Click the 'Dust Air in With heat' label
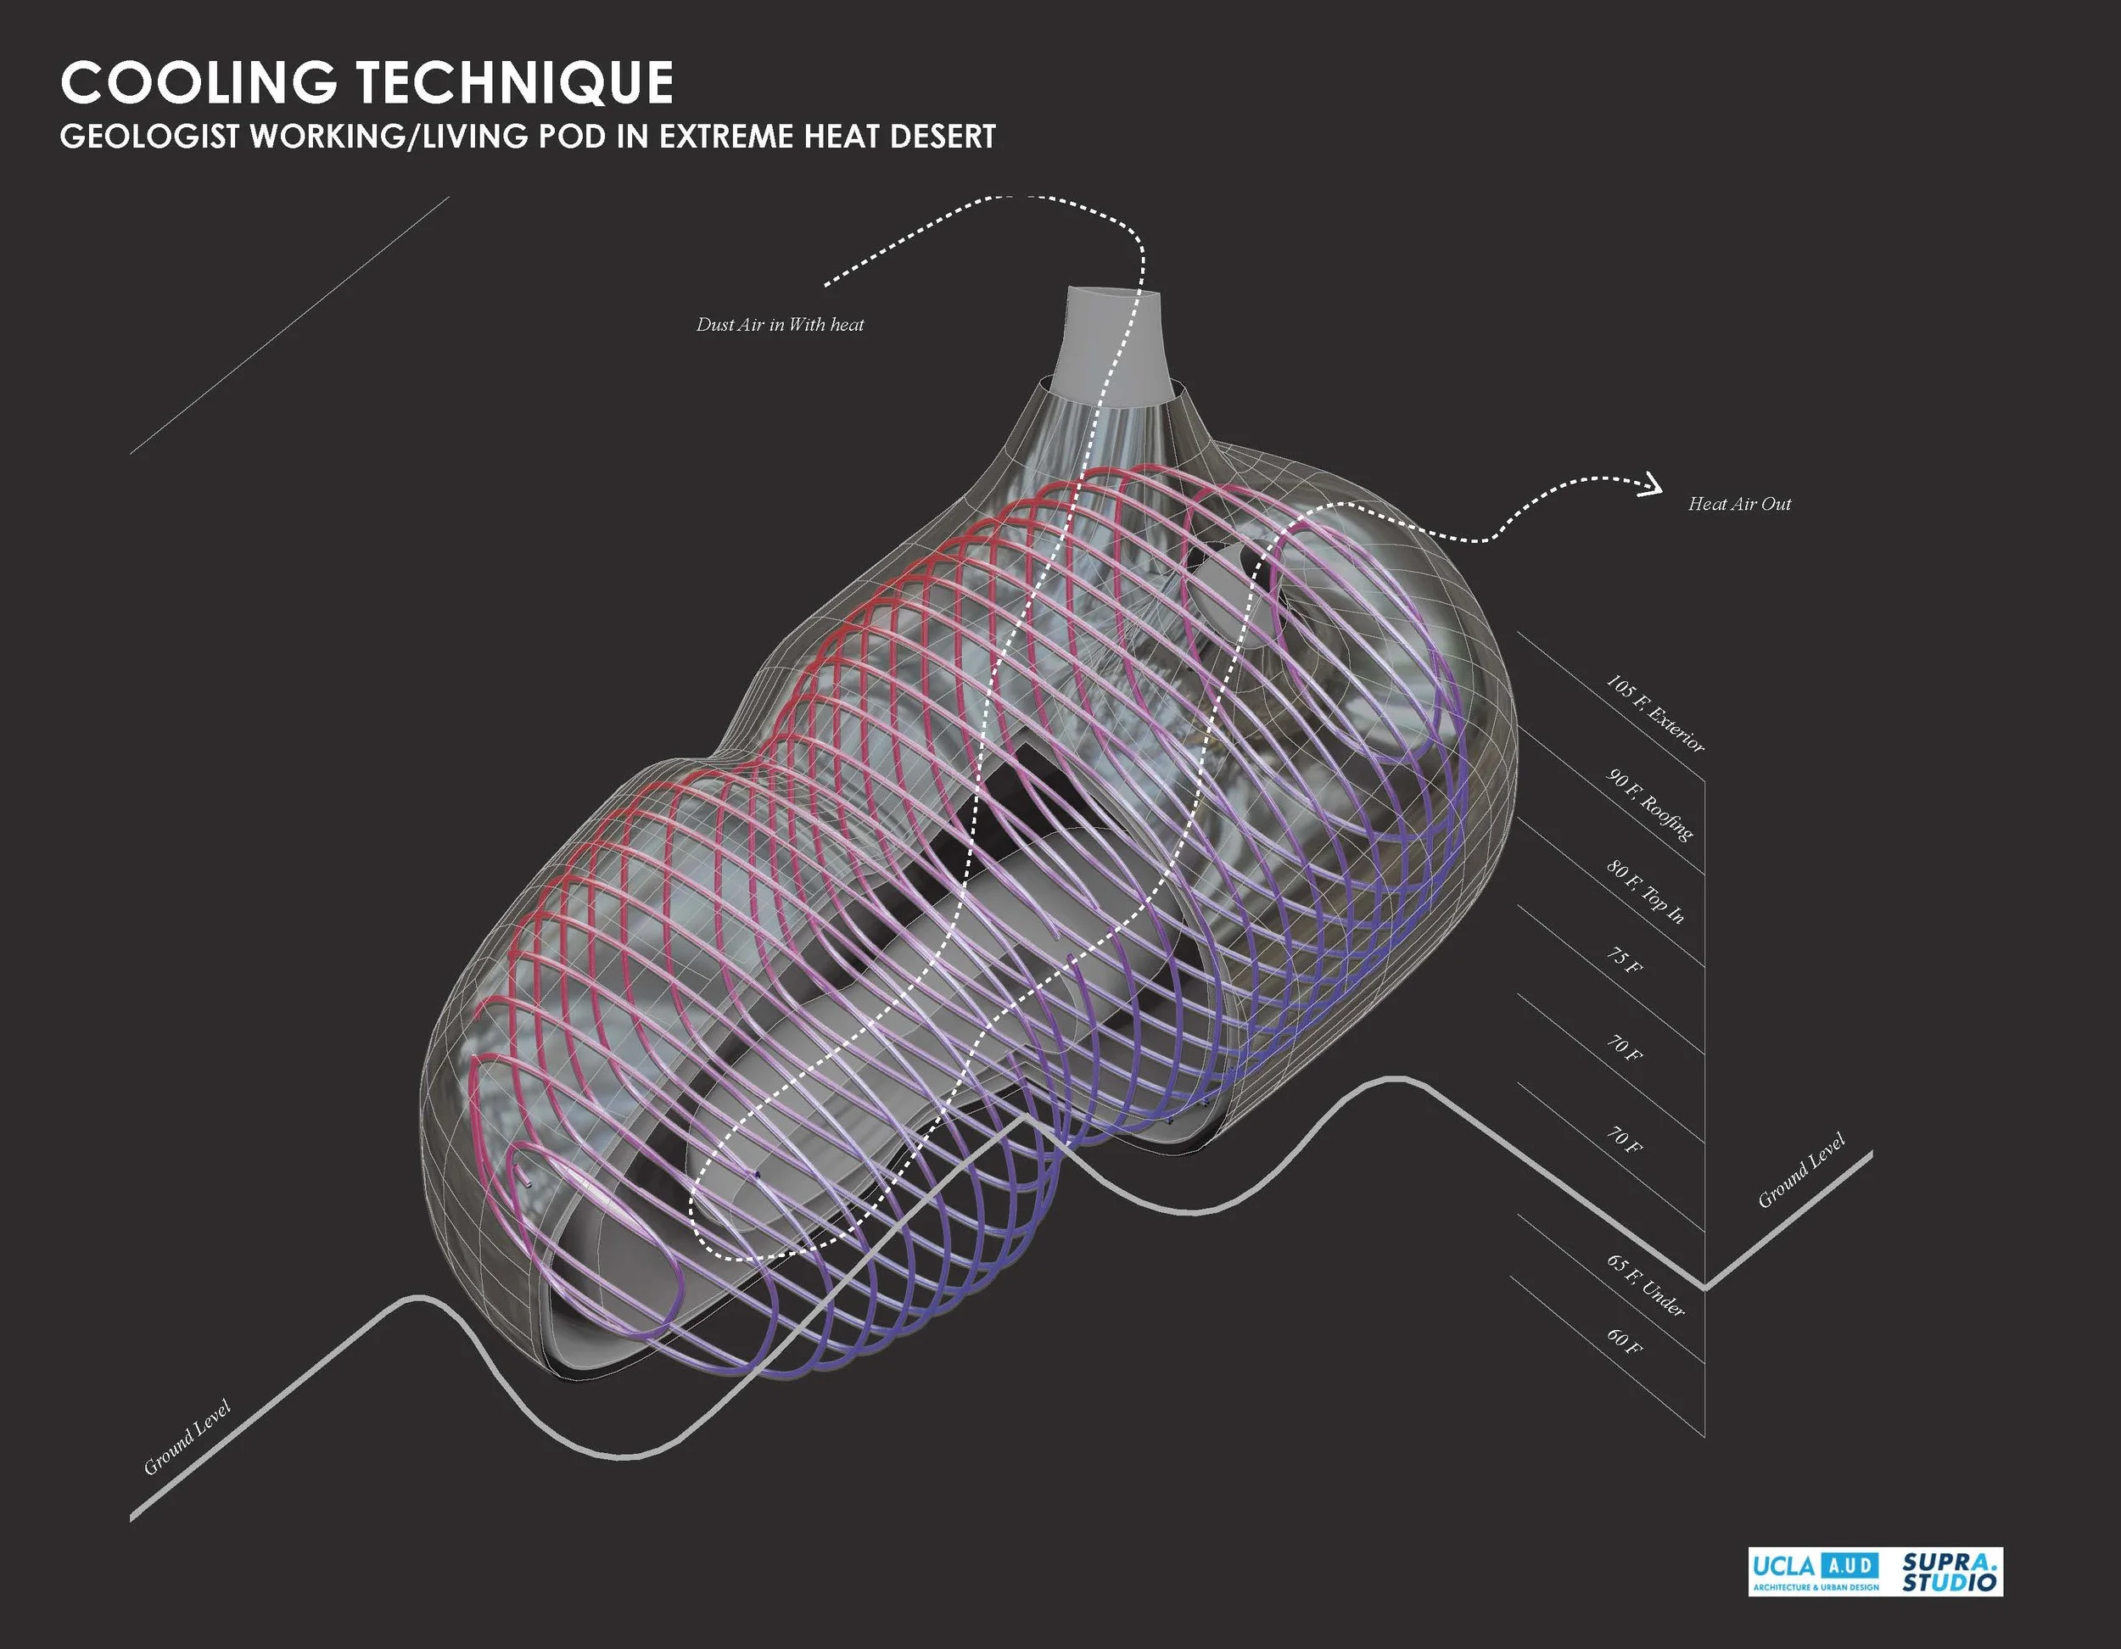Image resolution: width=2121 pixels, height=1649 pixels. (x=780, y=324)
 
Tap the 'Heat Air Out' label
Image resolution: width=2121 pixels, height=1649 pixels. (x=1739, y=504)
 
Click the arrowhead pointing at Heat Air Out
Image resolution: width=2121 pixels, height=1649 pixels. (x=1652, y=484)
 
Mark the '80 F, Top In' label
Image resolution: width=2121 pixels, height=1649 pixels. (x=1645, y=892)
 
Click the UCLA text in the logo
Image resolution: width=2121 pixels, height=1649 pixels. (x=1783, y=1566)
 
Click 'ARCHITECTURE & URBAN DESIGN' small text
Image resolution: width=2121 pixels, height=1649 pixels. (x=1815, y=1588)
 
